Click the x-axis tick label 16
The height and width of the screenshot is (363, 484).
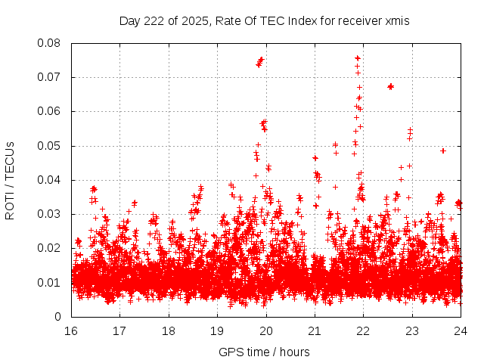(71, 331)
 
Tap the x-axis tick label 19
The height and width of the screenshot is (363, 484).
(217, 331)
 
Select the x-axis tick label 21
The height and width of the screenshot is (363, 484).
(315, 331)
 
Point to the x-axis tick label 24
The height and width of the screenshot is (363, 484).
(461, 331)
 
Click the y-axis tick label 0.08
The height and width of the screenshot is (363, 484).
(50, 43)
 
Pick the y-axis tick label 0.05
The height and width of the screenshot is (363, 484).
(50, 146)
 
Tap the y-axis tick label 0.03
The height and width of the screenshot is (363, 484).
(50, 214)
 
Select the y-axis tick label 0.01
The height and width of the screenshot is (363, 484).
(50, 283)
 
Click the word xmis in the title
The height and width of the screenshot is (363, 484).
(397, 21)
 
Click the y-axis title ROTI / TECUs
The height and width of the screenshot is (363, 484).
(11, 180)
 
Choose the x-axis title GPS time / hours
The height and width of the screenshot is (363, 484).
(265, 352)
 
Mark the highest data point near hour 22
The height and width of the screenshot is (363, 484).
(358, 58)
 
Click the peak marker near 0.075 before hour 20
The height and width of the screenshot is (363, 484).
(261, 59)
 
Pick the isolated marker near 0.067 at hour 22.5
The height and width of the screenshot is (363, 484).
(390, 86)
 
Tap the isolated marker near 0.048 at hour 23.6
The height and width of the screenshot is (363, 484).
(443, 150)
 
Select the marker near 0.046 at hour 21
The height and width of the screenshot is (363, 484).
(315, 158)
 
